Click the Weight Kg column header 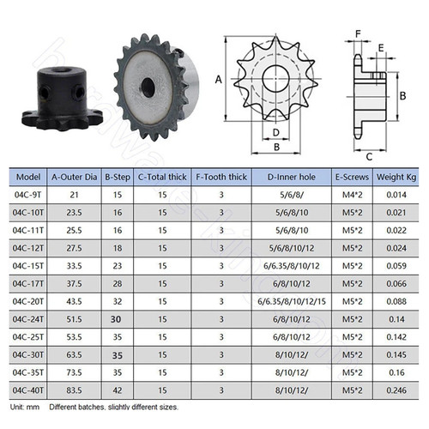pyautogui.click(x=396, y=178)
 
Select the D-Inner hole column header pyautogui.click(x=292, y=178)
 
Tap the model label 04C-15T pyautogui.click(x=28, y=266)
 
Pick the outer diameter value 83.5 pyautogui.click(x=74, y=390)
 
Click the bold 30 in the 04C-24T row pyautogui.click(x=116, y=319)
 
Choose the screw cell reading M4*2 pyautogui.click(x=353, y=195)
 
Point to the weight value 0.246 pyautogui.click(x=396, y=390)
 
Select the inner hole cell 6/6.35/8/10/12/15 pyautogui.click(x=292, y=301)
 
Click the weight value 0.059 pyautogui.click(x=396, y=266)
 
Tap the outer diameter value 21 pyautogui.click(x=74, y=195)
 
